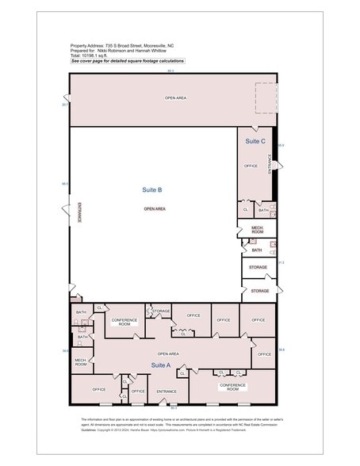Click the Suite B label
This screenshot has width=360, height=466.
(152, 190)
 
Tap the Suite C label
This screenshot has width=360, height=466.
(255, 141)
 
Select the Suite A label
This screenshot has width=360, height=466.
(162, 365)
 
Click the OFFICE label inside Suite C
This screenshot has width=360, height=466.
(251, 166)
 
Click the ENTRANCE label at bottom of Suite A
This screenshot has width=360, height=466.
(167, 391)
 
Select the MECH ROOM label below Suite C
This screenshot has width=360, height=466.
(257, 230)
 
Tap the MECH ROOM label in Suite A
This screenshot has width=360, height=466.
(81, 363)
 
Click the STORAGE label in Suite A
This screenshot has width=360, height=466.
(161, 311)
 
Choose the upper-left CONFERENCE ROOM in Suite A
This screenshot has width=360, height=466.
(124, 323)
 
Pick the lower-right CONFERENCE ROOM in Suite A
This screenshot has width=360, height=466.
(232, 388)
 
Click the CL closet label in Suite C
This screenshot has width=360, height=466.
(246, 210)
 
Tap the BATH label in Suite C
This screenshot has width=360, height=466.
(263, 210)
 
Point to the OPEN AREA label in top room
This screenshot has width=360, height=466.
(175, 98)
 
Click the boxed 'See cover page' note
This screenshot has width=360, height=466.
(128, 61)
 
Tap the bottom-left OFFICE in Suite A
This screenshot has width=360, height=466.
(99, 389)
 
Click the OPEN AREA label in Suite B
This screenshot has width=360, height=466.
(155, 209)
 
